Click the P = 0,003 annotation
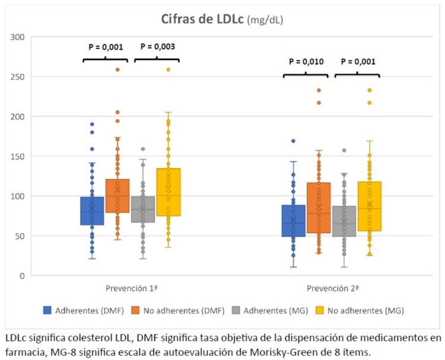[x=157, y=47]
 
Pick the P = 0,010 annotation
[x=306, y=61]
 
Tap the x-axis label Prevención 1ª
[x=131, y=288]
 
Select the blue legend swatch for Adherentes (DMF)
[x=47, y=310]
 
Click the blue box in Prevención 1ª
[x=93, y=211]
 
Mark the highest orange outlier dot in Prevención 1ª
[x=117, y=70]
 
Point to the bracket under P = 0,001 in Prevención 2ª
[x=357, y=75]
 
